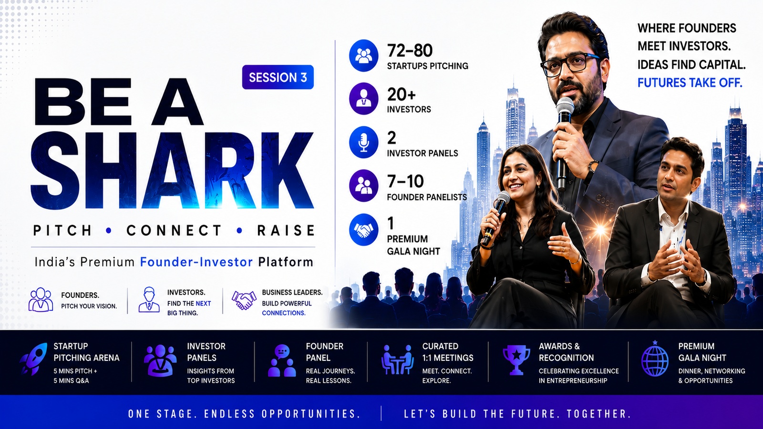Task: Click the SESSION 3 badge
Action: (278, 77)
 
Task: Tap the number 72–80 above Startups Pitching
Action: (410, 51)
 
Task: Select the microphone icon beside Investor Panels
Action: (363, 143)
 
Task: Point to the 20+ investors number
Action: (401, 94)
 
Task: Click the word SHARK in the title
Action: (172, 170)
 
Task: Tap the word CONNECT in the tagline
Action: (174, 231)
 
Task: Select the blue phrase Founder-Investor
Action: (196, 262)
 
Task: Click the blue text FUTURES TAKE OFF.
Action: (690, 83)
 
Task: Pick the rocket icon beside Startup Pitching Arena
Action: (33, 359)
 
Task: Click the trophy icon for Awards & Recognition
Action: (516, 360)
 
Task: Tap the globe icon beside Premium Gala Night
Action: (655, 359)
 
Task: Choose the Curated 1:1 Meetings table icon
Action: (398, 359)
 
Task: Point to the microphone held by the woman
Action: (495, 218)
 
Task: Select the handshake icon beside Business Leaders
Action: (244, 300)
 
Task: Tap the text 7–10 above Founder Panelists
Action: (405, 182)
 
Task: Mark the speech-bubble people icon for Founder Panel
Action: (282, 360)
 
